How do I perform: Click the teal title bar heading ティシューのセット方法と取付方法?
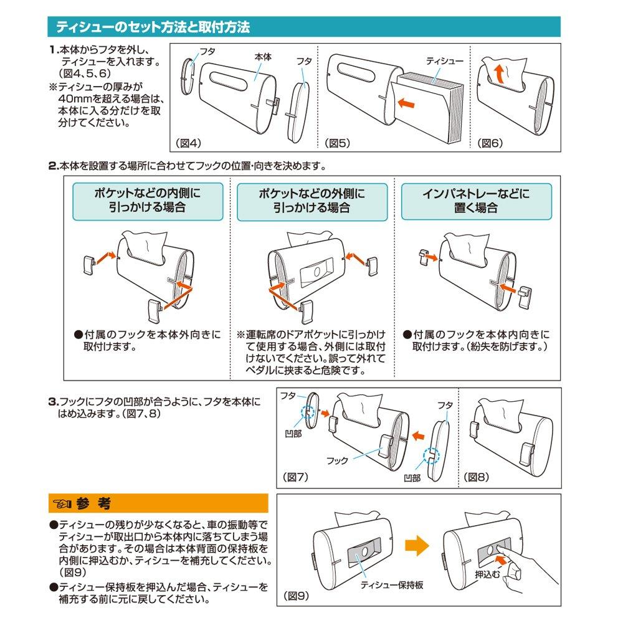click(x=153, y=27)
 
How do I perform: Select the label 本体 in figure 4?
click(x=263, y=56)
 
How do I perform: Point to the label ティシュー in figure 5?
click(x=444, y=60)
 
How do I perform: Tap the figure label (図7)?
click(x=296, y=477)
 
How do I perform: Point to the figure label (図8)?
click(x=478, y=477)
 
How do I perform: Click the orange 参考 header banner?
click(x=158, y=503)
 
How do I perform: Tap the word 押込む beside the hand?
click(x=487, y=574)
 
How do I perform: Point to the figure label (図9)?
click(x=296, y=596)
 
